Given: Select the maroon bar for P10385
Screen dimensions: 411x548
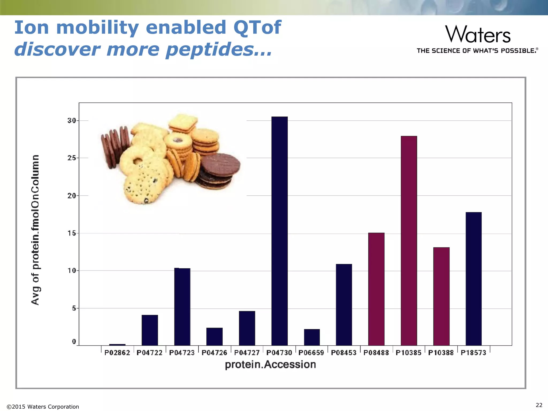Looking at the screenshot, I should coord(409,241).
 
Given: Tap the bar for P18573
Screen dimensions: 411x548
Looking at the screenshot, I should coord(473,279).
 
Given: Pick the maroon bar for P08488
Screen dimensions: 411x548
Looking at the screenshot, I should coord(376,289).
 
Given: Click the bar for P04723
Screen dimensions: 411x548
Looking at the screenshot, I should coord(182,307).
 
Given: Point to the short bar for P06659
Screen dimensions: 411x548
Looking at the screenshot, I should coord(312,337).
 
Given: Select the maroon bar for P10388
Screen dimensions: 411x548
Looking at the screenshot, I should coord(441,296).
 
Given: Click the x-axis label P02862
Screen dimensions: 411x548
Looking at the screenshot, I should coord(117,353).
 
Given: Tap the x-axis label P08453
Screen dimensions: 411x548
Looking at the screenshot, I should coord(344,353).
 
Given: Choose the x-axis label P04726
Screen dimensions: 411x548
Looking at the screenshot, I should coord(214,353).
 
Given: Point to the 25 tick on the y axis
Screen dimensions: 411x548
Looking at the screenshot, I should coord(72,158).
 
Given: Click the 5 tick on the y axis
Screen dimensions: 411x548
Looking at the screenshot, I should coord(74,308).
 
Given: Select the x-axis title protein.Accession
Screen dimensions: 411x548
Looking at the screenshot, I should coord(270,364).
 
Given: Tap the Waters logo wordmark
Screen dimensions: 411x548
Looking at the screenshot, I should coord(478,34).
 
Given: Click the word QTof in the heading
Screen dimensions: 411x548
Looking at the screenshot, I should coord(257,28).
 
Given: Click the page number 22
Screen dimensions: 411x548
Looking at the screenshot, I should coord(539,405).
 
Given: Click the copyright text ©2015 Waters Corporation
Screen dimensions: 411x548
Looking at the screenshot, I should coord(43,407).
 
